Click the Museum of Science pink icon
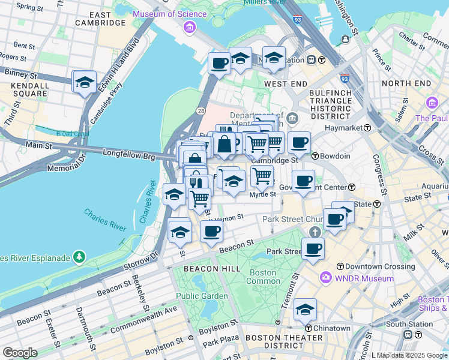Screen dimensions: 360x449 coord(190,26)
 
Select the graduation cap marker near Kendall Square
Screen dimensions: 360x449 coord(85,82)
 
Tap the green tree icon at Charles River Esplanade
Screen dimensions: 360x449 coord(79,257)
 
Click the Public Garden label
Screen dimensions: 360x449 coord(202,296)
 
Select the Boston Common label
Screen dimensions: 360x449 coord(263,277)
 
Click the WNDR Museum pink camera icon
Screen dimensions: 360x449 coord(325,278)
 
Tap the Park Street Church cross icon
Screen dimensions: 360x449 coord(314,232)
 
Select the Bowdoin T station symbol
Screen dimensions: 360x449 coord(315,156)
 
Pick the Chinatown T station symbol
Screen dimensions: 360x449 coord(308,328)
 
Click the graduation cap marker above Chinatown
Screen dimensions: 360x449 coord(306,310)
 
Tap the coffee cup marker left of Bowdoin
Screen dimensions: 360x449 coord(299,143)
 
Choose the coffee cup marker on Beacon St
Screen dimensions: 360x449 coord(211,233)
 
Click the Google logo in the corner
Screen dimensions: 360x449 coord(20,353)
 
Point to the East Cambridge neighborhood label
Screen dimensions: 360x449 coord(100,19)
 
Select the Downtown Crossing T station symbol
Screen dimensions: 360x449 coord(340,266)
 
